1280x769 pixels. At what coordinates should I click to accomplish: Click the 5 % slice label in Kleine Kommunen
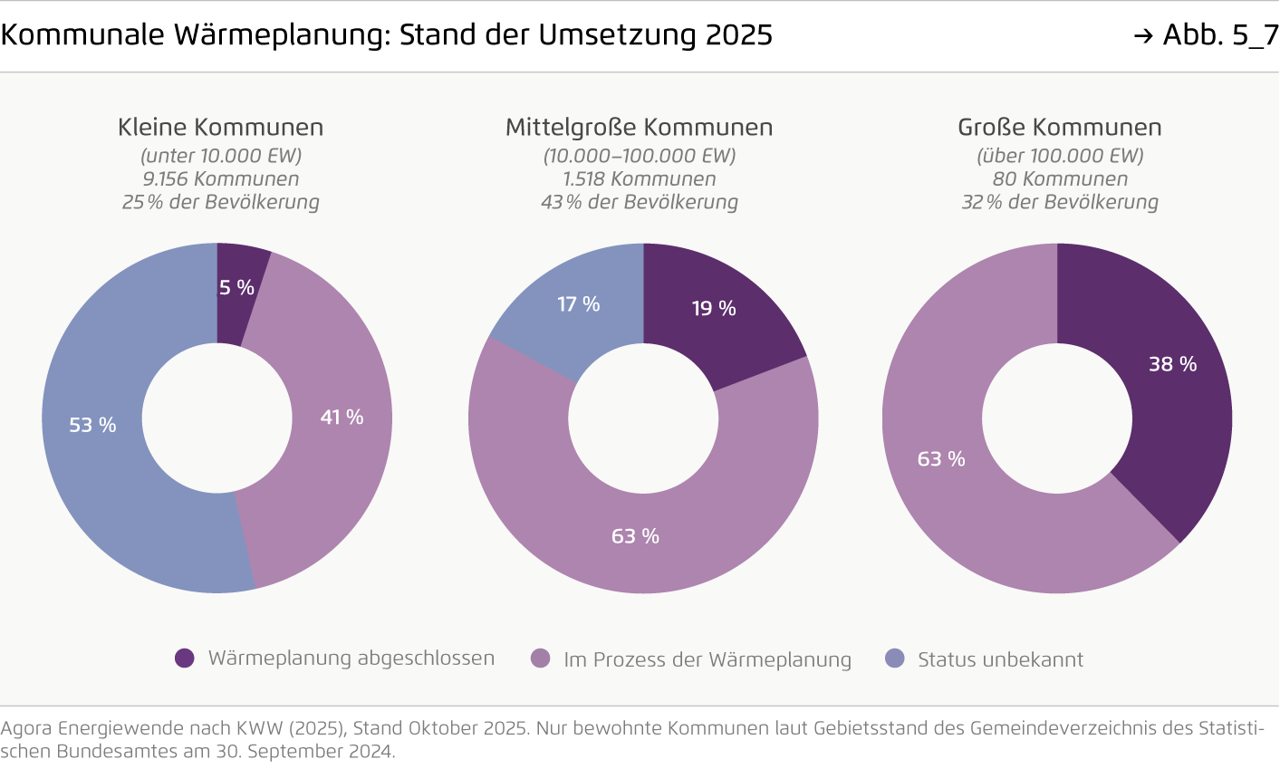(236, 288)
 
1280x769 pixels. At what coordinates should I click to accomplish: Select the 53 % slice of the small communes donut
(93, 425)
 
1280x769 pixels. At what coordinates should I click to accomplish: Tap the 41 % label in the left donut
(342, 418)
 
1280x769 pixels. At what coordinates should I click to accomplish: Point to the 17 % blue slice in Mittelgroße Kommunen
(578, 304)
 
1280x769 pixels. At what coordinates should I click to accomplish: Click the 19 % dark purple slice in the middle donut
(714, 309)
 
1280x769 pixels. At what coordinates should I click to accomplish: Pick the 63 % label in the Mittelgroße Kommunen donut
(635, 536)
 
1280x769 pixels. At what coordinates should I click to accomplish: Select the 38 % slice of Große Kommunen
(1172, 364)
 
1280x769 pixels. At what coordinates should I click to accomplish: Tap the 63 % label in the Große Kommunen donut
(941, 459)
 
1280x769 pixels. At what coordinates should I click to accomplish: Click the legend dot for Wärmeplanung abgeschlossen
(185, 658)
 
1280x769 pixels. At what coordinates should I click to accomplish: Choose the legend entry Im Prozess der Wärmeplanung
(707, 659)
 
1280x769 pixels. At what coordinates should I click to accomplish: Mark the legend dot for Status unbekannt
(895, 658)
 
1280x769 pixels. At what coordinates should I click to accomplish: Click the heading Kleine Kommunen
(220, 128)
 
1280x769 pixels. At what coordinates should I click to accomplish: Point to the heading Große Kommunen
(1060, 128)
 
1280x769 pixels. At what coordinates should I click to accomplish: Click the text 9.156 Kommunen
(220, 179)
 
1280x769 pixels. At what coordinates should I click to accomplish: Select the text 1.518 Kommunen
(640, 179)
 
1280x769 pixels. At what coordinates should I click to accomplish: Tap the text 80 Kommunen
(1060, 179)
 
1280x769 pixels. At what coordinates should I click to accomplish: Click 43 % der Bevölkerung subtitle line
(640, 202)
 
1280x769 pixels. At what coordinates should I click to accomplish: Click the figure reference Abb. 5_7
(1218, 35)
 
